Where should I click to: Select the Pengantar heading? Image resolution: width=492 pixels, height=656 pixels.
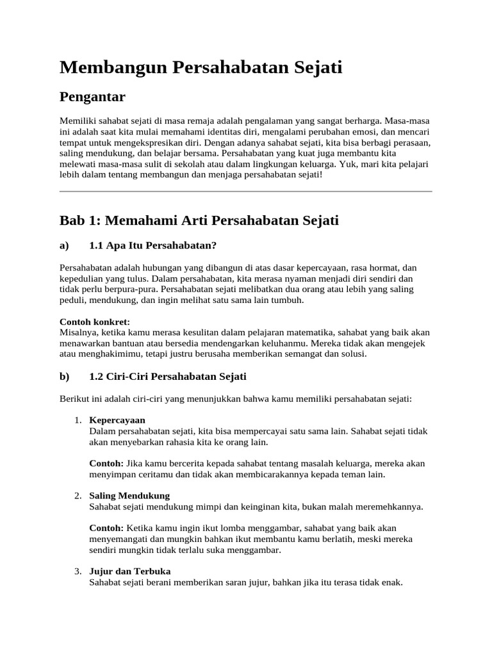pos(92,97)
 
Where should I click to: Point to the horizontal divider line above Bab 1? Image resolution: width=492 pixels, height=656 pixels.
pos(245,191)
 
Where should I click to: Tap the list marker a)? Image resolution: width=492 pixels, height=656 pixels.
pos(64,246)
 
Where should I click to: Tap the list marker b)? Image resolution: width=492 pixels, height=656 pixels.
pos(64,377)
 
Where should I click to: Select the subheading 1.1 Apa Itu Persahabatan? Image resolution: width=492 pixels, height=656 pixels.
pos(153,246)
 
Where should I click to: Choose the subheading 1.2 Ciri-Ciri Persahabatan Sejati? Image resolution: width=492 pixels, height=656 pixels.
pos(168,377)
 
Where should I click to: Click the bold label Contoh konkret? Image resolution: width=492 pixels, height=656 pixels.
pos(94,322)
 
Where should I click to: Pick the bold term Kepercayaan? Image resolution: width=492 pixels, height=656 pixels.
pos(118,420)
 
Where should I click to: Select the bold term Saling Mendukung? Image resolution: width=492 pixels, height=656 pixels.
pos(129,496)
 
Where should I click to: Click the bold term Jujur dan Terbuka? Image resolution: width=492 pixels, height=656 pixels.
pos(130,571)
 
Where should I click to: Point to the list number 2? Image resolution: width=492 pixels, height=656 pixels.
pos(77,496)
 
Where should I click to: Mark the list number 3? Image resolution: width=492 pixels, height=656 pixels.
pos(77,571)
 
